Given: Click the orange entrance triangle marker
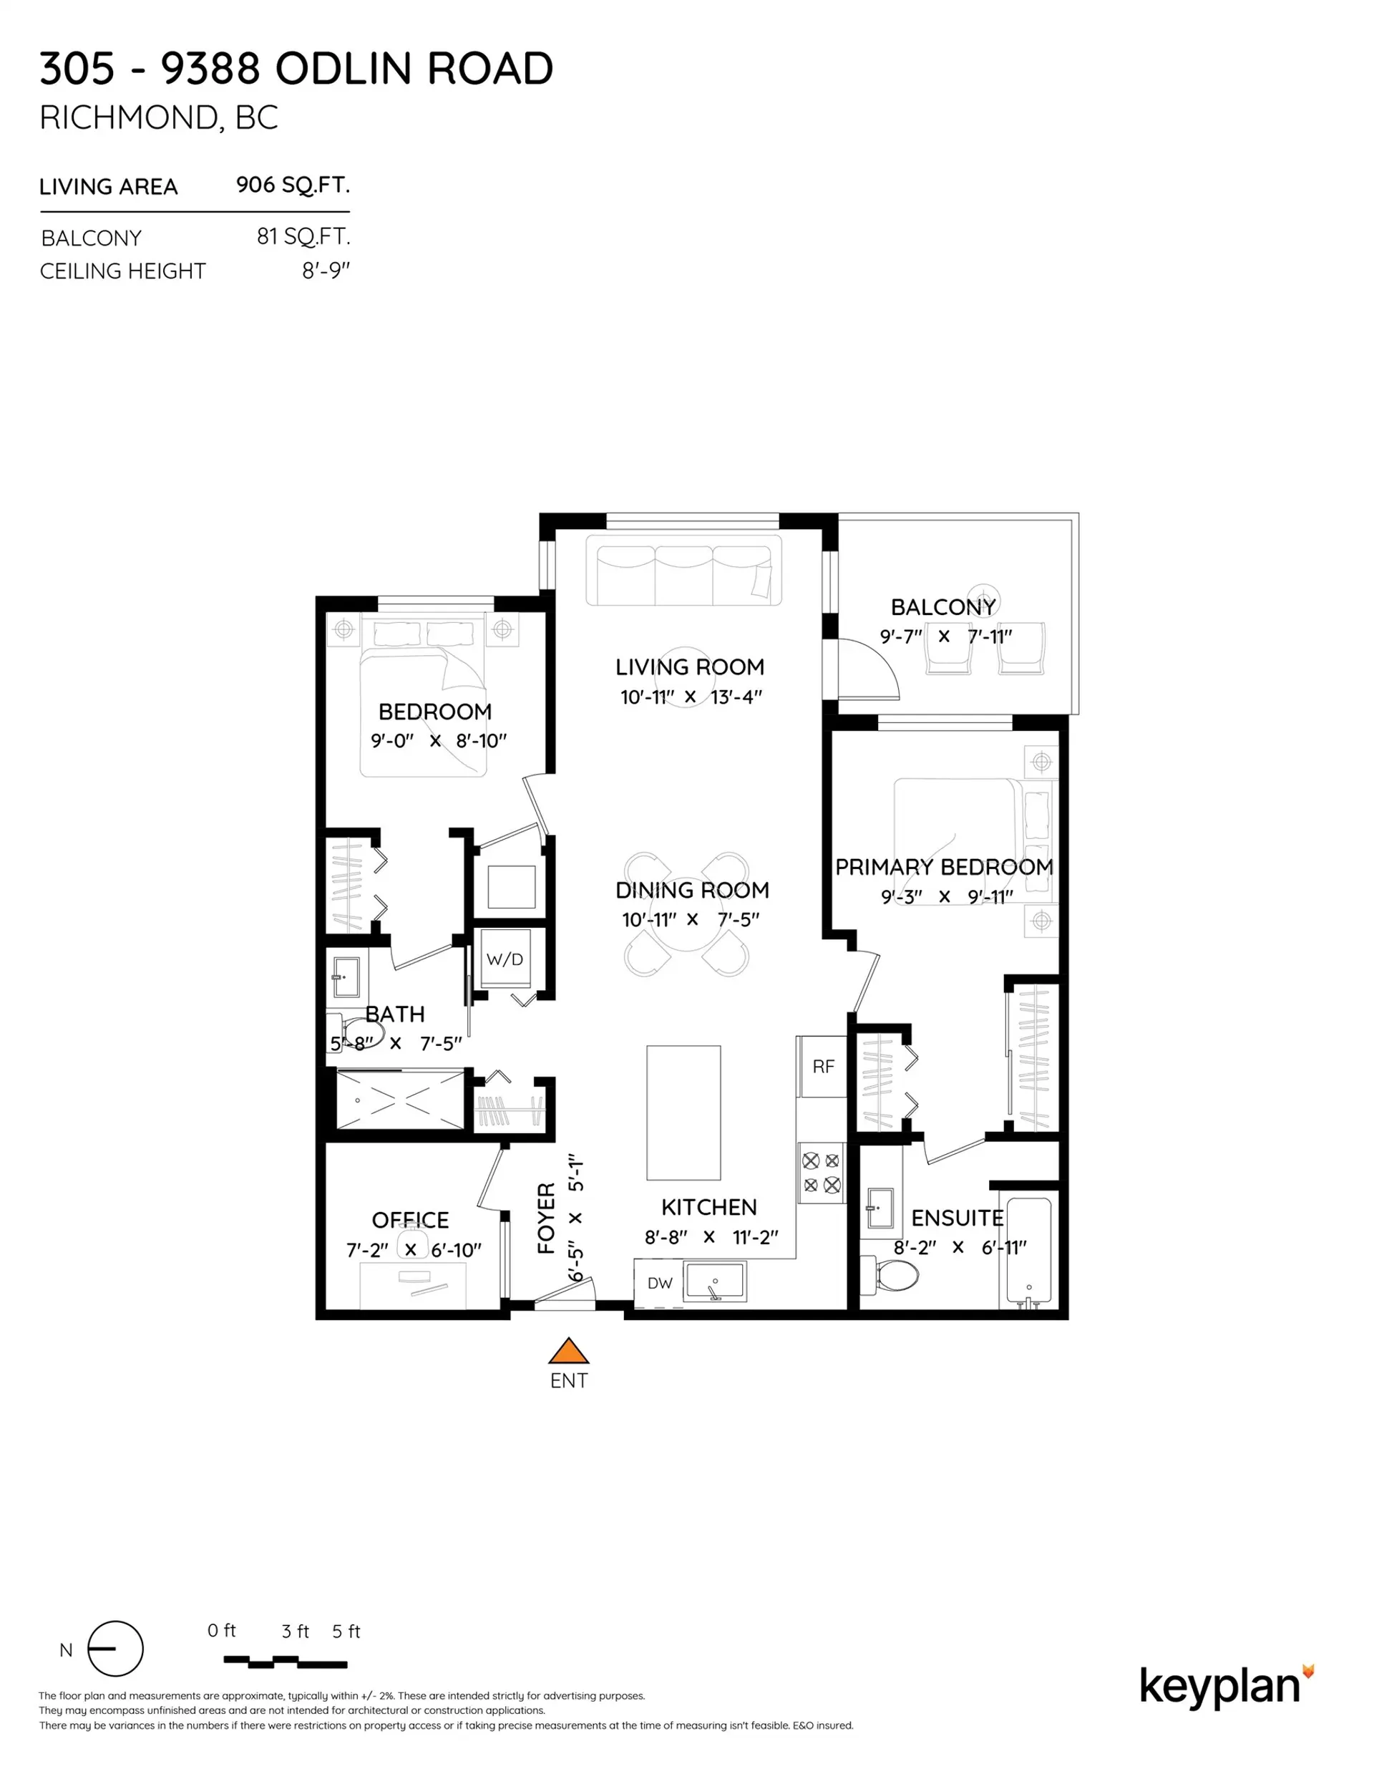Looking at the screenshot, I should click(x=568, y=1352).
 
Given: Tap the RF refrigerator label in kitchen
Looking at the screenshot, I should click(x=822, y=1066).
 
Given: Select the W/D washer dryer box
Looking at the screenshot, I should click(x=505, y=959).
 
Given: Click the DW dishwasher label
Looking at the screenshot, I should click(x=660, y=1284).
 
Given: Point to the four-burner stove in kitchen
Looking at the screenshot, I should click(x=821, y=1173).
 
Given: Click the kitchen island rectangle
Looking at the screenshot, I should click(x=683, y=1113).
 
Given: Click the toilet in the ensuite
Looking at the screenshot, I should click(x=892, y=1276).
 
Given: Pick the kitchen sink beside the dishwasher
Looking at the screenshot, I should click(x=714, y=1282).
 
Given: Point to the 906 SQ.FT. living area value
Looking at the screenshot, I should click(x=293, y=185).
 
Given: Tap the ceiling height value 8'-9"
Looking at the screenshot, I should click(x=325, y=271).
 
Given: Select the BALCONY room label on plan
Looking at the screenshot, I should click(x=943, y=607).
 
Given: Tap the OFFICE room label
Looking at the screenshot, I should click(x=409, y=1219).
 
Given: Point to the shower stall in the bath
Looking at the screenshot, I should click(x=399, y=1100).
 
